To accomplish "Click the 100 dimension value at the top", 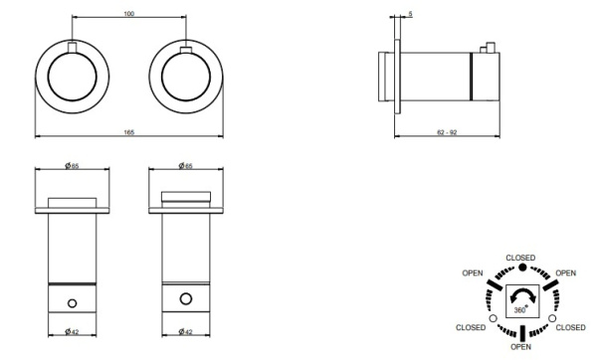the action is pos(129,14).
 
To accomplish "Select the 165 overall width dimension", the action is pos(129,132).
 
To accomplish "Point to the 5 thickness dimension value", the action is pos(410,14).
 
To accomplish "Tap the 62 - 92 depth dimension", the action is pos(447,132).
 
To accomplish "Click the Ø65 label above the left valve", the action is pos(72,166).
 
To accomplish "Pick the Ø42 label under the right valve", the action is pos(185,332).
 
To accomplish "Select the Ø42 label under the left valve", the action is pos(72,332).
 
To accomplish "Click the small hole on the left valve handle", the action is pos(72,303).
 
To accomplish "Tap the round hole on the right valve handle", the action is pos(186,298).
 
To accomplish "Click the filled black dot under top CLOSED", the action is pos(522,268).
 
